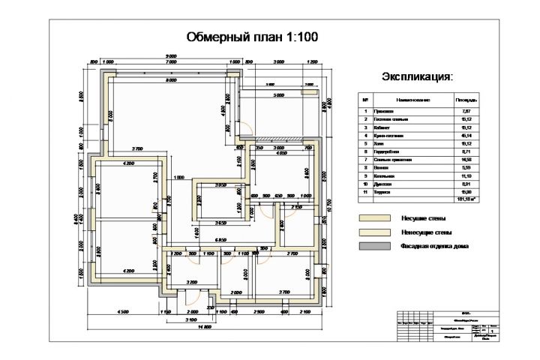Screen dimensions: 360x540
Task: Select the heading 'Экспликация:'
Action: [418, 76]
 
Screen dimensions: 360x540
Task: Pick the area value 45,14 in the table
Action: [466, 136]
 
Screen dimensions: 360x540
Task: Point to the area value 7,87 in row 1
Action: [466, 110]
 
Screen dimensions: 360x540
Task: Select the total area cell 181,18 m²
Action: [466, 199]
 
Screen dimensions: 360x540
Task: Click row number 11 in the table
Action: [365, 192]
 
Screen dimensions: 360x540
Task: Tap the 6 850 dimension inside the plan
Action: [220, 239]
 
